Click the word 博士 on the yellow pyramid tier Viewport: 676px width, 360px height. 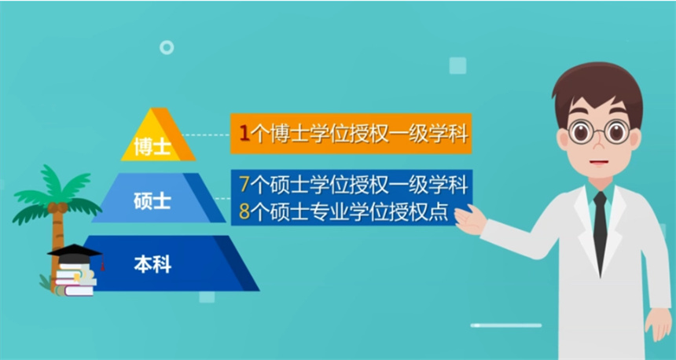pos(152,146)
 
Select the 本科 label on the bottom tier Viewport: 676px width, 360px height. pos(152,264)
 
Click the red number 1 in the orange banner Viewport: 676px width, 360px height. pos(244,134)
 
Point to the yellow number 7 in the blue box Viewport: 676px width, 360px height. pos(244,185)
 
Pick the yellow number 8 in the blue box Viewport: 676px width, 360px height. pos(244,211)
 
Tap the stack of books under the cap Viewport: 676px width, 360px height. pos(75,281)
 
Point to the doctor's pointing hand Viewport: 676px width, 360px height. pos(470,220)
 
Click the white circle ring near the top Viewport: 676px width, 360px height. pos(167,47)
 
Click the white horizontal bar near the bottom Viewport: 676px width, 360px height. pos(506,325)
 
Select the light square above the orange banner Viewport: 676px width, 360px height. pos(457,66)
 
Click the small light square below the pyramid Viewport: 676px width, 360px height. pos(207,296)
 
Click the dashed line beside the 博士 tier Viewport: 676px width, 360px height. pos(206,134)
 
